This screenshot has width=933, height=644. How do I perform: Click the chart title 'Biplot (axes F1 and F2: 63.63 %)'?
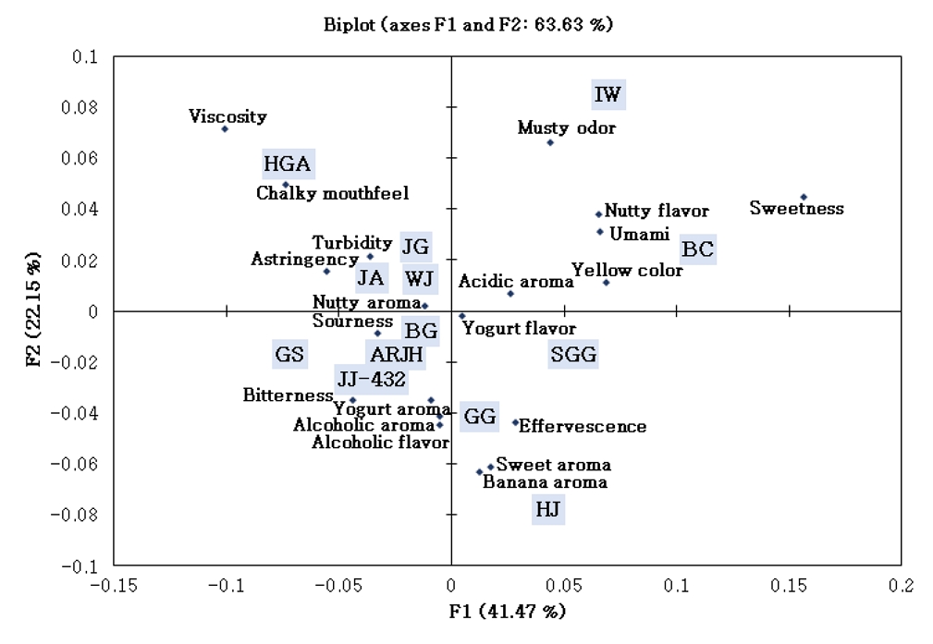point(468,25)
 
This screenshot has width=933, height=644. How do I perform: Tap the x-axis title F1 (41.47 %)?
point(508,612)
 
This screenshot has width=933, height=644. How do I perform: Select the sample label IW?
point(608,94)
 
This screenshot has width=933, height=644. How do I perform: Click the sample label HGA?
point(288,165)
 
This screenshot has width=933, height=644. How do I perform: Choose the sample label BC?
point(697,249)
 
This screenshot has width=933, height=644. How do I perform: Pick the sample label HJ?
point(548,509)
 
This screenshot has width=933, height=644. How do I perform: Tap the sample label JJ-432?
point(370,379)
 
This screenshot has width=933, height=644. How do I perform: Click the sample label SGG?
point(573,355)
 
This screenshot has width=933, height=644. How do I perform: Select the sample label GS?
point(289,354)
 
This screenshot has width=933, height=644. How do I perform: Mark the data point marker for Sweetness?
point(804,197)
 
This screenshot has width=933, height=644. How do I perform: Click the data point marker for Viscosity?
point(225,128)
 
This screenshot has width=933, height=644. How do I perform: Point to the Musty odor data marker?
point(550,142)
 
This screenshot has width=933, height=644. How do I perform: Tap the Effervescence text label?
point(583,427)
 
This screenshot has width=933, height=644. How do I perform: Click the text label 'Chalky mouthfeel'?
point(332,194)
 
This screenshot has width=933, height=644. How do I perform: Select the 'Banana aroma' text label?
point(546,482)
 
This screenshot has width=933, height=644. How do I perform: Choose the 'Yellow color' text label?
point(627,271)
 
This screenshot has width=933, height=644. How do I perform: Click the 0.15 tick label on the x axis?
point(789,585)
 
